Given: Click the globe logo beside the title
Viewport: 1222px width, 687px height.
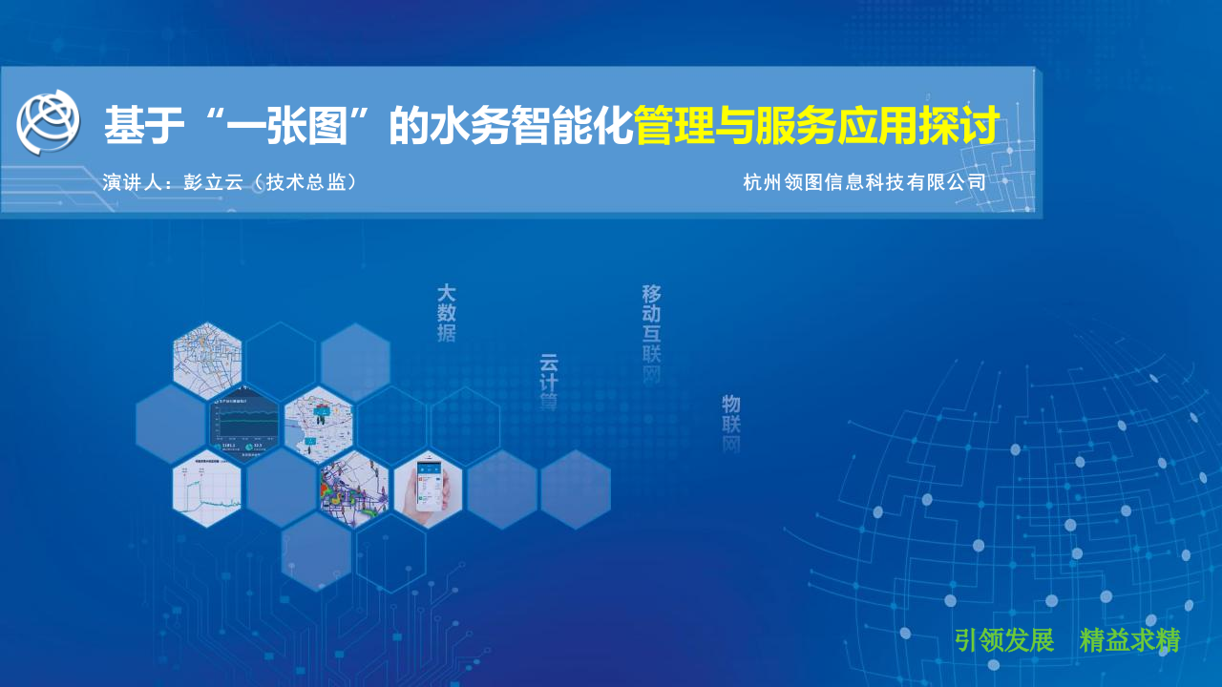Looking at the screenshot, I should click(48, 121).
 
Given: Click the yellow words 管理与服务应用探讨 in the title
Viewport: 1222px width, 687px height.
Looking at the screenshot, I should click(817, 126).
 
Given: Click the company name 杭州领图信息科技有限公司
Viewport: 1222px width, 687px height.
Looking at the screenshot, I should click(864, 182).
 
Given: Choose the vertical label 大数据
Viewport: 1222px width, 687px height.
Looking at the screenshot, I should click(446, 312).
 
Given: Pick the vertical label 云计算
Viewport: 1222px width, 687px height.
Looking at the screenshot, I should click(549, 382).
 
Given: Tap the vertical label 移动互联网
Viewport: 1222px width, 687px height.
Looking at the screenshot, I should click(651, 334).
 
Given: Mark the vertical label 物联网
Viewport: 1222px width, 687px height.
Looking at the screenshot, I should click(731, 423).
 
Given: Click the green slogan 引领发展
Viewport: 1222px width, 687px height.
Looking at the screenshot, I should click(1003, 640).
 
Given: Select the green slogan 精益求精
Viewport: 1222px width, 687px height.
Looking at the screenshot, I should click(1129, 640).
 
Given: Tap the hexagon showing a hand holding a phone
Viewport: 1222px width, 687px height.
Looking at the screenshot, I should click(428, 489).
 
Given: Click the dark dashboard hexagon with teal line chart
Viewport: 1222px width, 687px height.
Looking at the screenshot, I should click(244, 426).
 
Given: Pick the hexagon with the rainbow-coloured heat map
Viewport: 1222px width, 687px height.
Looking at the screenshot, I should click(354, 489).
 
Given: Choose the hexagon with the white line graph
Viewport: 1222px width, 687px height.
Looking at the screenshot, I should click(207, 489).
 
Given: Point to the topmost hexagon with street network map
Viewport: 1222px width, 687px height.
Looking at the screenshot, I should click(207, 361).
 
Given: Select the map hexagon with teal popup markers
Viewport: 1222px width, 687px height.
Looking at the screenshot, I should click(318, 424).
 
